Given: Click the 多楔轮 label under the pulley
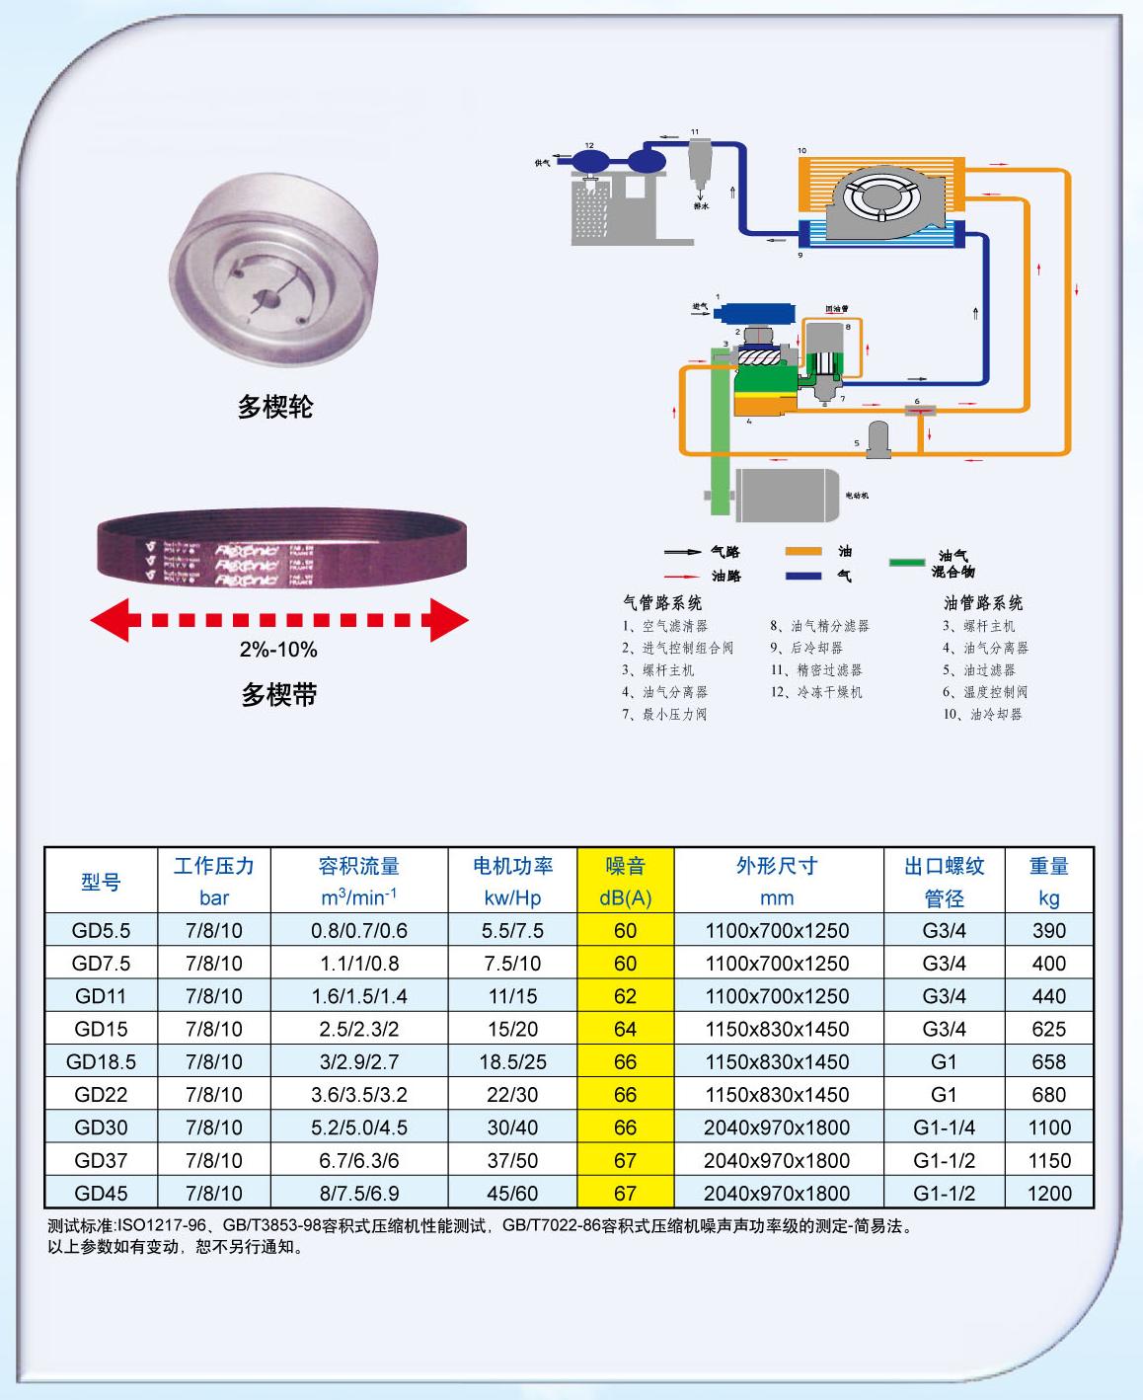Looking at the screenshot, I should pos(275,406).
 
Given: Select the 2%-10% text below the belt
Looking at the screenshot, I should pos(278,650).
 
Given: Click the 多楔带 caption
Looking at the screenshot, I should pos(279,695).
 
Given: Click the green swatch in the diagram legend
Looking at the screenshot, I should pos(906,563).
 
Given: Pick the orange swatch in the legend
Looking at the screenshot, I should pos(803,552).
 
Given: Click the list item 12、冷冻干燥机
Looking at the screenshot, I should pos(816,692).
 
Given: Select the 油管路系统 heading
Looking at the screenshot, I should pos(983,602).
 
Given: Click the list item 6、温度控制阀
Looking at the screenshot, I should pos(984,692).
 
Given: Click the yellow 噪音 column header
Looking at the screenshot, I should pos(625,867).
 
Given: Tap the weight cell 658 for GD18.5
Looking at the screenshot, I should pos(1048,1061).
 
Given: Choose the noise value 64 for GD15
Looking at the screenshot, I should pos(625,1029).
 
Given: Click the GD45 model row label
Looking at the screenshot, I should pos(101,1193).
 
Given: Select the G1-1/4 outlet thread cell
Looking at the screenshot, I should pos(944,1128).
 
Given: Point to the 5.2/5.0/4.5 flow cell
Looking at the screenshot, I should pos(359,1128).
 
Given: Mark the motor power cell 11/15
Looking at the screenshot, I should pos(512,996).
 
